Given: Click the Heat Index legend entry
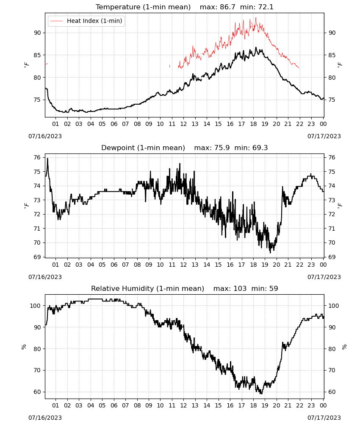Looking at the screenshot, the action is [86, 21].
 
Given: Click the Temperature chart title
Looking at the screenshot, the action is [143, 7].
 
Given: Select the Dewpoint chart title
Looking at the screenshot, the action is [143, 148].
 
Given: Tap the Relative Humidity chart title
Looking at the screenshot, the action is [147, 288].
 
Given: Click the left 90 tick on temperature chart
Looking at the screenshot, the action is [38, 33].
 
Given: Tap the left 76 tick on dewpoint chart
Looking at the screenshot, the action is [38, 157].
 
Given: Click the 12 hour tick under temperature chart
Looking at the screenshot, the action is [183, 124].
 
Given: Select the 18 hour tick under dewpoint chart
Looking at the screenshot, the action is [253, 265].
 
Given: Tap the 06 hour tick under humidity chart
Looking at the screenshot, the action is [114, 405].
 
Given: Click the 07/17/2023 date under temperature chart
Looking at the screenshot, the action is [324, 136].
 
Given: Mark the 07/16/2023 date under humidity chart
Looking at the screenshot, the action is [45, 418].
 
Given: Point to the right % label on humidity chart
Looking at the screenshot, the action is [344, 347].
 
